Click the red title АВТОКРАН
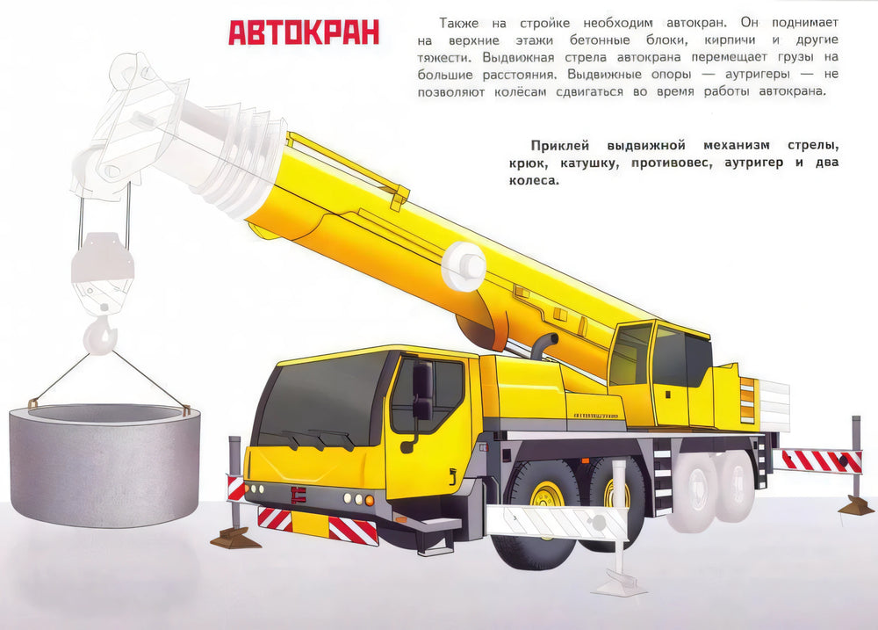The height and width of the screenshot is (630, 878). coord(304,33)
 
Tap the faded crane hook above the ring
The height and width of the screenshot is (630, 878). coord(101,335)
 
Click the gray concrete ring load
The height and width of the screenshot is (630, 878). coord(104,464)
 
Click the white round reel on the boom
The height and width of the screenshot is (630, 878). coord(464,265)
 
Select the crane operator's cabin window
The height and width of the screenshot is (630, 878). coord(631,354)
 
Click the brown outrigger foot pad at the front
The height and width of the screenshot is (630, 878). coord(235,538)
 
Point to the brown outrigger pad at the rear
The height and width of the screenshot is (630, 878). coord(856,505)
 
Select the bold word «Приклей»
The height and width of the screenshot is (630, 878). coord(560,146)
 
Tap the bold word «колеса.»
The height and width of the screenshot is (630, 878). coord(534,180)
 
